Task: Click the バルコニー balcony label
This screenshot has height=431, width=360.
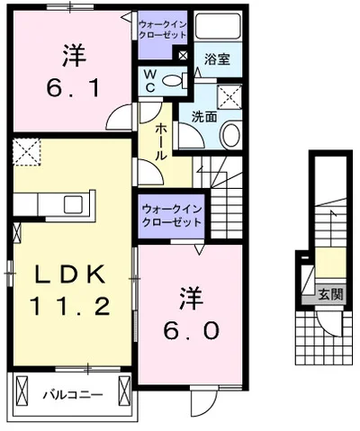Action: [73, 394]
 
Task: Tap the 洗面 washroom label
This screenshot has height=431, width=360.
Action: [202, 116]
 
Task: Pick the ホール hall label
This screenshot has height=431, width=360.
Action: [160, 143]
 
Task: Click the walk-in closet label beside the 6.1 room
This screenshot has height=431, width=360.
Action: [163, 29]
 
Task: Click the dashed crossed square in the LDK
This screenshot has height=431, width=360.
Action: [29, 149]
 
